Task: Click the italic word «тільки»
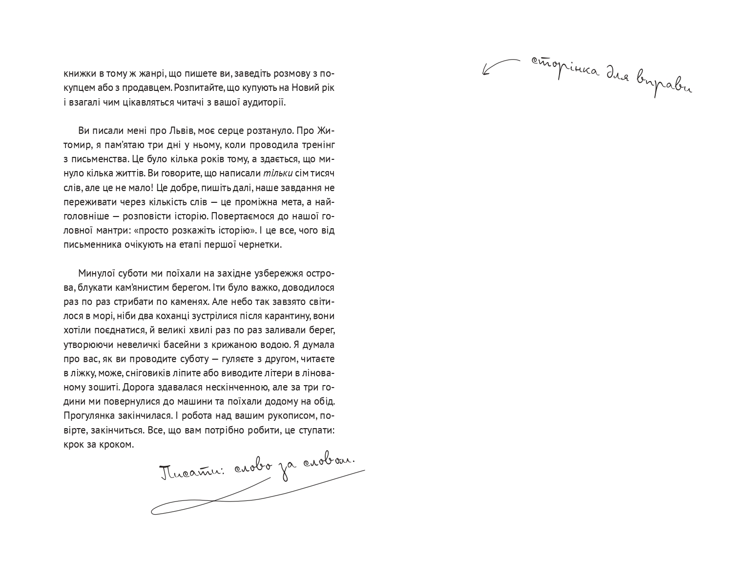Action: (278, 173)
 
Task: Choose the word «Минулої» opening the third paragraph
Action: (97, 273)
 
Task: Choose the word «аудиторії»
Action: (264, 103)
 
